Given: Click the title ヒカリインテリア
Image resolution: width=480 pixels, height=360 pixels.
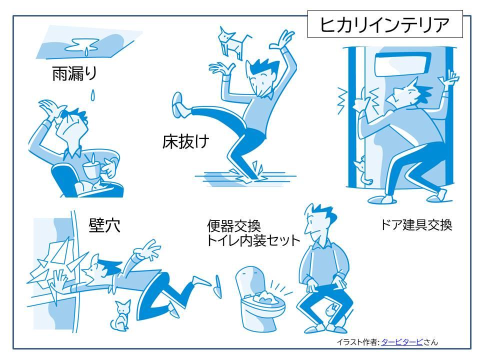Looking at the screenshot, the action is click(384, 24).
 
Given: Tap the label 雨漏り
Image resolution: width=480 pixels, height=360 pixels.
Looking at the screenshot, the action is click(74, 73).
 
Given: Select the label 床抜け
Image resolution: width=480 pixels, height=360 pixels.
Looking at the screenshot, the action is click(185, 141).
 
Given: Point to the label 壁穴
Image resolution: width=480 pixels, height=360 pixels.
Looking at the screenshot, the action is click(104, 225).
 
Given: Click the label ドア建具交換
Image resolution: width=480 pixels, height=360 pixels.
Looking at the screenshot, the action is click(416, 225).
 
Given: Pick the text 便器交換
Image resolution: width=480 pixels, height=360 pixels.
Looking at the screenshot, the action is click(234, 226).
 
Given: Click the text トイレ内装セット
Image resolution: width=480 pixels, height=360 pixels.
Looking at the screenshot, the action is click(253, 240).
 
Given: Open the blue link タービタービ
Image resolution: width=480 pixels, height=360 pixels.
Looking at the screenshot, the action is click(401, 342).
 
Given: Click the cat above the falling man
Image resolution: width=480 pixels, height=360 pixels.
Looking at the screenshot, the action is click(231, 42).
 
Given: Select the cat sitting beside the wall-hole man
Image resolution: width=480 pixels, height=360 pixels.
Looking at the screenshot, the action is click(120, 315).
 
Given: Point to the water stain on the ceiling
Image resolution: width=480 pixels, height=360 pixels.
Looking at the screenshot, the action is click(82, 46).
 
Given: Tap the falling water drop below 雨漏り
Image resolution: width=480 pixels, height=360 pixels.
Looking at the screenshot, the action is click(92, 95).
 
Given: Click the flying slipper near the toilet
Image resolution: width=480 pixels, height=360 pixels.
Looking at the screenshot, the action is click(218, 286).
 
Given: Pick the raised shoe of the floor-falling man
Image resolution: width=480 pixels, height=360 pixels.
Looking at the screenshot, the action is click(178, 104).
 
